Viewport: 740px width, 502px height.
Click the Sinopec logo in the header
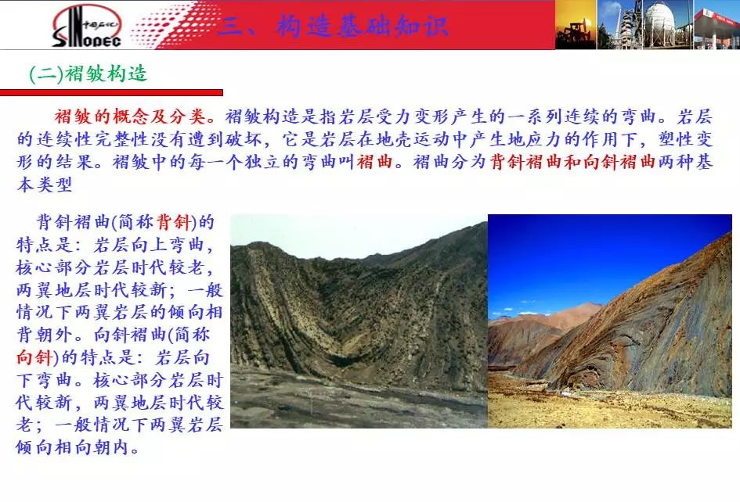(87, 26)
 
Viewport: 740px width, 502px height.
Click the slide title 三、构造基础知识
(334, 26)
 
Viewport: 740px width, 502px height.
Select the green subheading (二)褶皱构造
(88, 74)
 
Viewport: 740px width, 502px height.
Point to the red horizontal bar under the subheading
(111, 92)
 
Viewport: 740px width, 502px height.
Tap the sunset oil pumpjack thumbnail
(576, 24)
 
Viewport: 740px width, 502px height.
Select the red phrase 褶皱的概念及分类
(130, 116)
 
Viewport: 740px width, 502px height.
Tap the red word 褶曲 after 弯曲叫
(375, 162)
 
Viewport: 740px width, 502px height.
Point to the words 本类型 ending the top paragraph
(45, 185)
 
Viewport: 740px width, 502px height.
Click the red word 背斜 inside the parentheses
(173, 221)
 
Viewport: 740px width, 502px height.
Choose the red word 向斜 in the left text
(34, 357)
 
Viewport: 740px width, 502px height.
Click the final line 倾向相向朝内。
(78, 446)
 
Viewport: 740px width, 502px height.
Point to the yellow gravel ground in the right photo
(608, 409)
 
